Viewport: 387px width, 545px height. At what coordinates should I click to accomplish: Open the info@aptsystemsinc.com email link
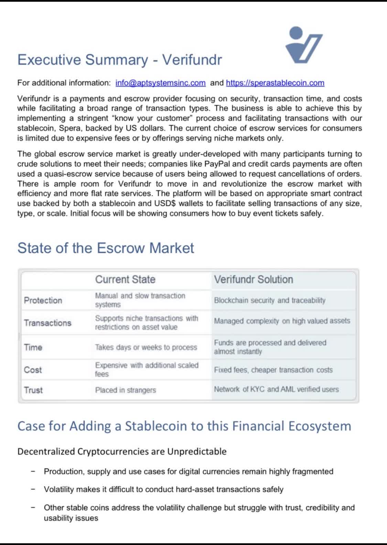[160, 83]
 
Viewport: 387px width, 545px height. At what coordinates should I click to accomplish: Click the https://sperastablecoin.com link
[275, 83]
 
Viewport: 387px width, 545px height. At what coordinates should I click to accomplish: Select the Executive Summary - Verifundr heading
[119, 60]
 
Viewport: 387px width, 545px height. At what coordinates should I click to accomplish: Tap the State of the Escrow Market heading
[106, 248]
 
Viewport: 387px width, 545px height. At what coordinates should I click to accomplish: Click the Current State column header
[125, 279]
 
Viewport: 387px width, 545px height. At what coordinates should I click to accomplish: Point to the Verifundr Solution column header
[254, 279]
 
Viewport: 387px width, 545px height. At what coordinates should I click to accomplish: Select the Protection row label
[43, 300]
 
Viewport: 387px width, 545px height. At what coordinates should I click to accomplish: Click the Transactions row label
[47, 323]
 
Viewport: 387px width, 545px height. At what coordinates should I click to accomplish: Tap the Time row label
[33, 347]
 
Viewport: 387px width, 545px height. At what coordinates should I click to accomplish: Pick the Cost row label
[33, 370]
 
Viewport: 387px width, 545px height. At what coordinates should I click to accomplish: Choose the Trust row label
[33, 390]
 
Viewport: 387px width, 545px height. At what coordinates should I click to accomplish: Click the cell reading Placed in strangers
[126, 390]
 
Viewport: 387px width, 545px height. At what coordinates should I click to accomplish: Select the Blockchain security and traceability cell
[270, 300]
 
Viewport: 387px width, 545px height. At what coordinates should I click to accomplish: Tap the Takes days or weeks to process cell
[146, 347]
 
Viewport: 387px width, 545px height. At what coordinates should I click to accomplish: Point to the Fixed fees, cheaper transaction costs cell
[273, 370]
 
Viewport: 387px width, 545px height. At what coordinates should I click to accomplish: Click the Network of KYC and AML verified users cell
[276, 389]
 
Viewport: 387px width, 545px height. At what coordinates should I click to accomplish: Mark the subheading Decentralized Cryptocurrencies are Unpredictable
[122, 451]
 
